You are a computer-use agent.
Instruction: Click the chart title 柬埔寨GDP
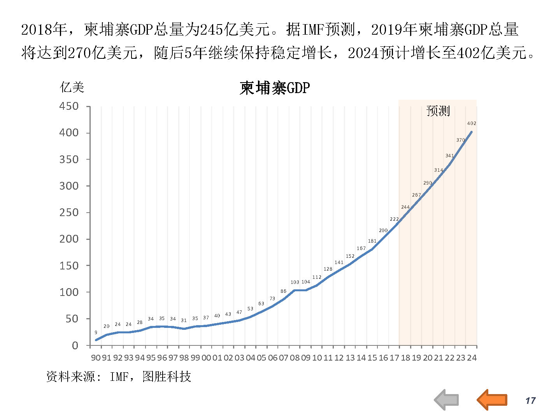click(275, 88)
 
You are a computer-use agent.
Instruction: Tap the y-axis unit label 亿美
click(72, 87)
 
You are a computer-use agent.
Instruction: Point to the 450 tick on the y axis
click(69, 106)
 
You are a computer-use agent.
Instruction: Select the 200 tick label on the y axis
click(69, 239)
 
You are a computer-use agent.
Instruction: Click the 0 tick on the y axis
click(75, 345)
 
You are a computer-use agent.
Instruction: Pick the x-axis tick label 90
click(95, 357)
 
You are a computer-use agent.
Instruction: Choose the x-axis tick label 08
click(295, 357)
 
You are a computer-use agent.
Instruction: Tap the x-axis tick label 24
click(472, 357)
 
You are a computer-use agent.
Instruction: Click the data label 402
click(472, 123)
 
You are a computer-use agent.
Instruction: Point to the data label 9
click(96, 333)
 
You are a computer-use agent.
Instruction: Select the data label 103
click(295, 282)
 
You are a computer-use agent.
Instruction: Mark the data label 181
click(372, 241)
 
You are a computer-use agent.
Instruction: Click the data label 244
click(405, 207)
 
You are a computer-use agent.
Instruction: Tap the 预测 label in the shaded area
click(438, 111)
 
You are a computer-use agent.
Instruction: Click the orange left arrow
click(492, 400)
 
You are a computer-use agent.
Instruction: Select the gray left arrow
click(447, 400)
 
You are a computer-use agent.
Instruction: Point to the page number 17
click(530, 401)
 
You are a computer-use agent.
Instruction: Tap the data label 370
click(460, 140)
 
